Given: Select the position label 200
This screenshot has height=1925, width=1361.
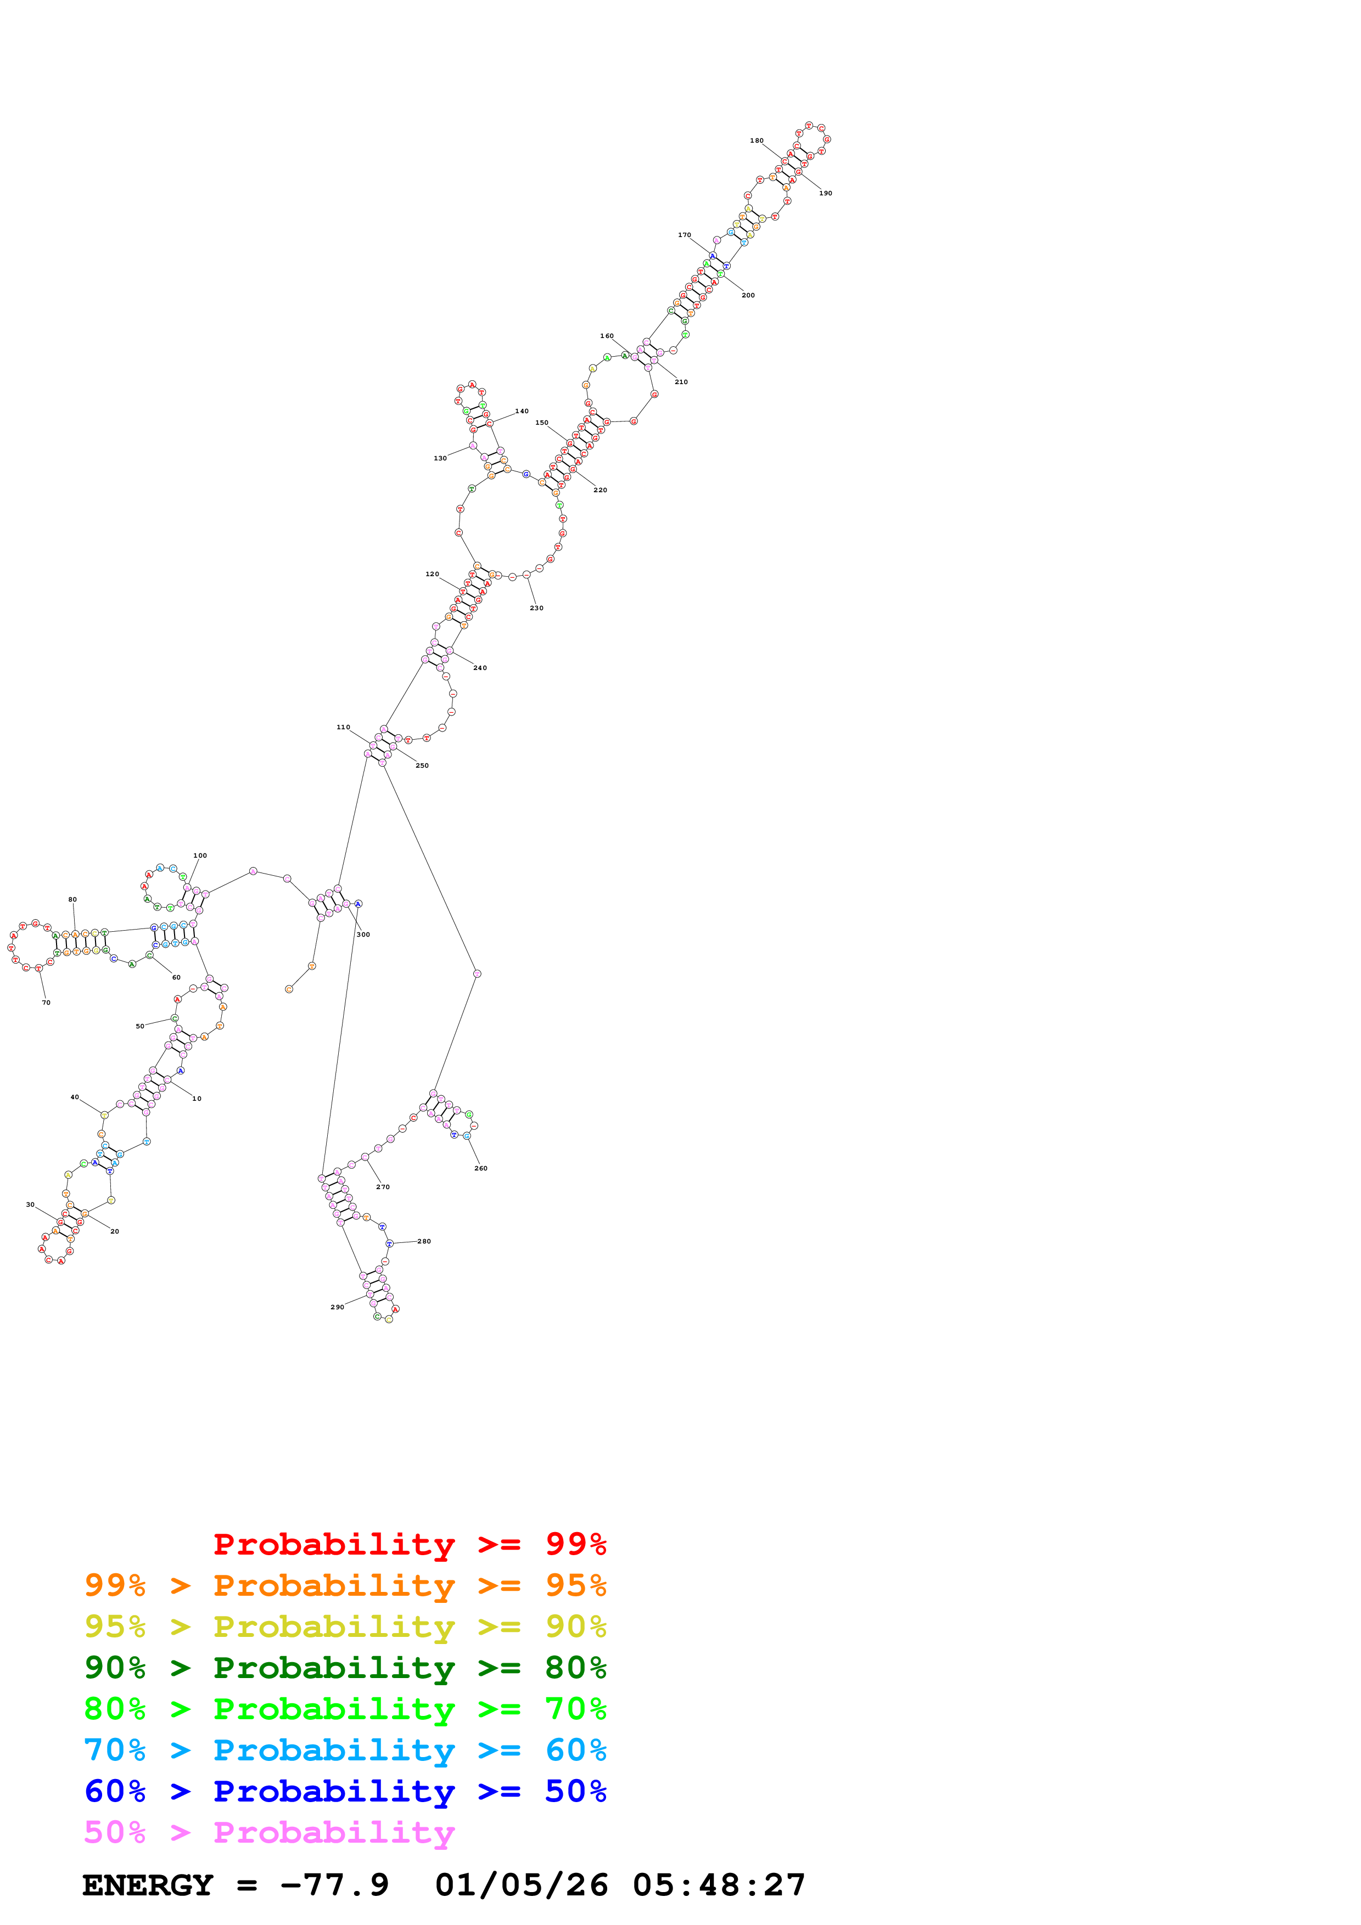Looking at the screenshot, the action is coord(747,295).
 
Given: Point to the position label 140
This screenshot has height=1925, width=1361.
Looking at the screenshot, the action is coord(522,412).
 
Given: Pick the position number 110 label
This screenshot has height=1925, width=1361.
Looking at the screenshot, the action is coord(343,727).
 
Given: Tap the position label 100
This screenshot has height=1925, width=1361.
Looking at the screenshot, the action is coord(200,856).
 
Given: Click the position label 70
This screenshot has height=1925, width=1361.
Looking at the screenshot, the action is coord(46,1003).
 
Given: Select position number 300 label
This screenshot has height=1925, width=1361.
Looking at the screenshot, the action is coord(363,935).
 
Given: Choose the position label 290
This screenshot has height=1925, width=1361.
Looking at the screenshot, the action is coord(337,1307).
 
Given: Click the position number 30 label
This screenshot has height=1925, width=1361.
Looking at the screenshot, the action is coord(30,1205).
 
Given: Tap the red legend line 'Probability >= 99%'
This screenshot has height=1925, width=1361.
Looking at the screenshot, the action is coord(409,1544).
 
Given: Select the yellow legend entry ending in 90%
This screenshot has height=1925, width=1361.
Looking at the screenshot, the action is coord(345,1626).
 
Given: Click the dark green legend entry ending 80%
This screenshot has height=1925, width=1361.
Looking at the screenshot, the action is coord(345,1668).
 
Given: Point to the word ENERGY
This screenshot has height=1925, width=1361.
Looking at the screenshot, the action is coord(148,1885).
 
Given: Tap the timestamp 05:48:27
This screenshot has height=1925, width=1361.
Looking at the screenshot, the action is coord(719,1885).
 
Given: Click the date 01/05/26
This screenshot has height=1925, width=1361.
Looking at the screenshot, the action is coord(521,1885).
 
